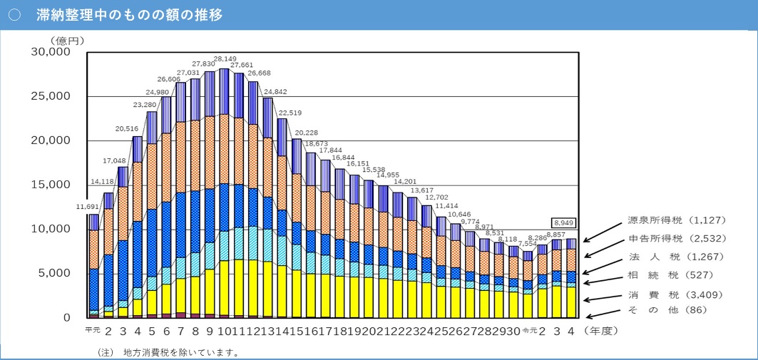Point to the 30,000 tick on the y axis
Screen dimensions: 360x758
[x=51, y=52]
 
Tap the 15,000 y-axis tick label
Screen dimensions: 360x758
[x=51, y=185]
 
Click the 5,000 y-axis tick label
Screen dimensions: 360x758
[x=54, y=273]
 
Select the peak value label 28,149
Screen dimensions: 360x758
[x=225, y=59]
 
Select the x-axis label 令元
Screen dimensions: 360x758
[x=528, y=330]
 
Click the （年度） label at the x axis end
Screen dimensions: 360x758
[x=606, y=330]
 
